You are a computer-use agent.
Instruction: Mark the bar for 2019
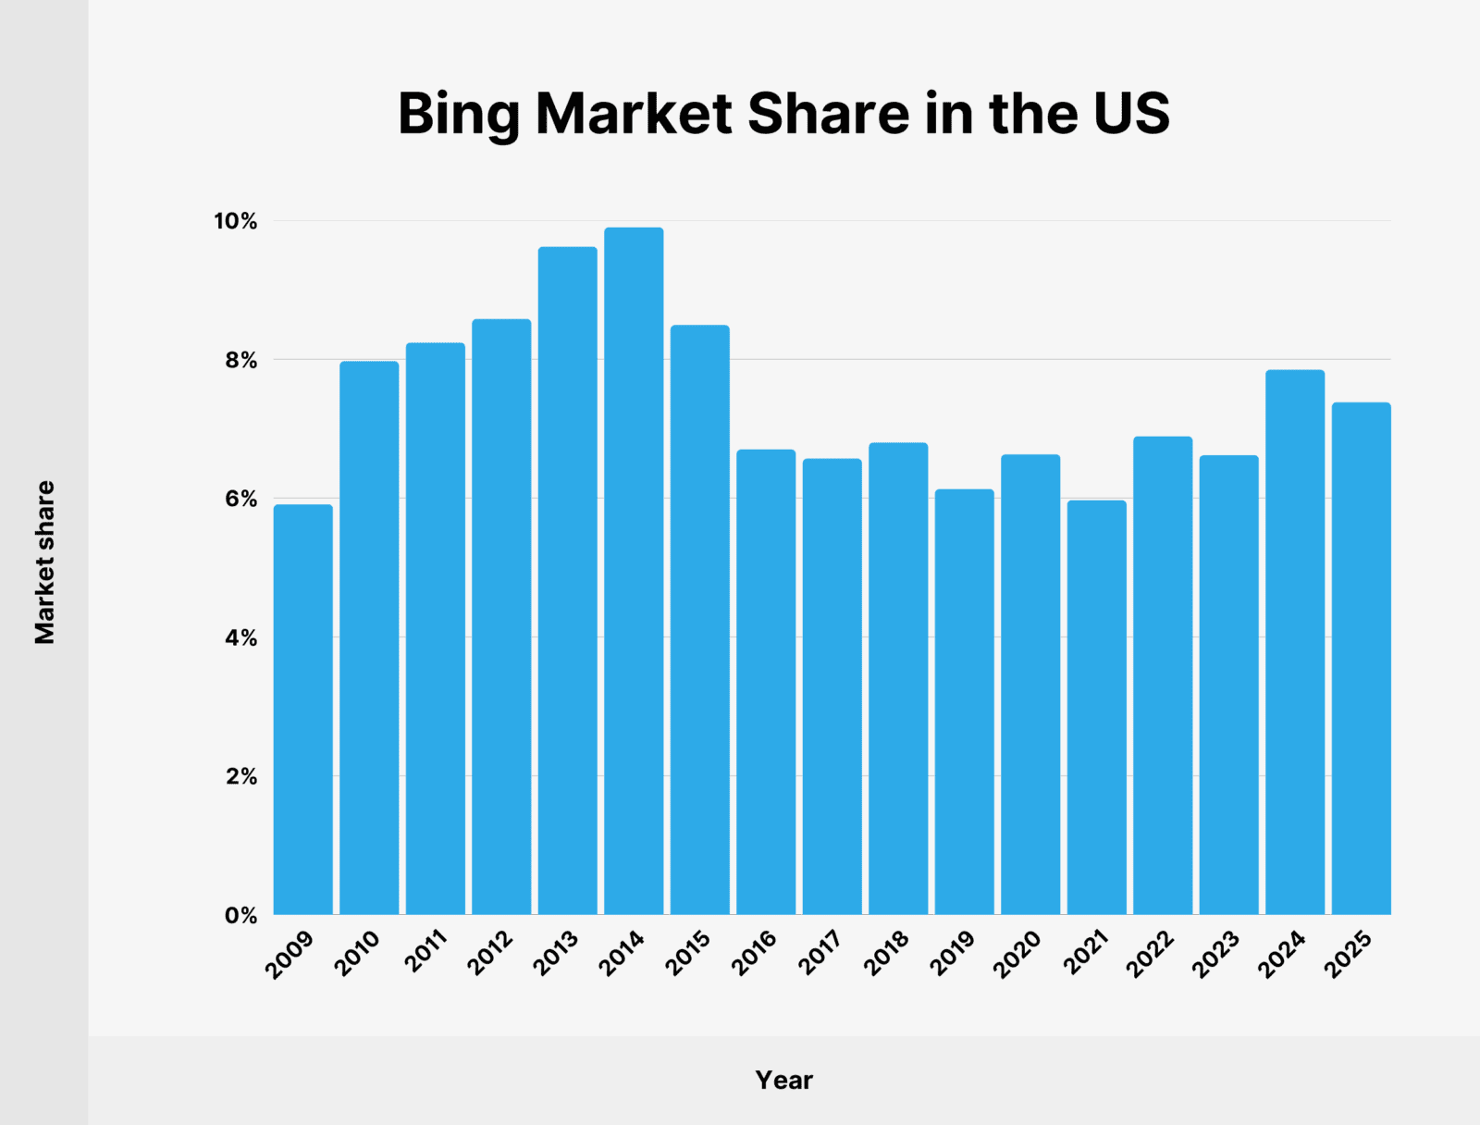pyautogui.click(x=964, y=702)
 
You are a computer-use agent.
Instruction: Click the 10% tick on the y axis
pyautogui.click(x=235, y=222)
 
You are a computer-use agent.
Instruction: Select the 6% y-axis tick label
pyautogui.click(x=240, y=500)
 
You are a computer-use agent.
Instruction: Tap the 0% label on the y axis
pyautogui.click(x=240, y=916)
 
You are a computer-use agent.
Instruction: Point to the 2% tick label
pyautogui.click(x=240, y=777)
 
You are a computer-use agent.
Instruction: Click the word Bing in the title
pyautogui.click(x=459, y=114)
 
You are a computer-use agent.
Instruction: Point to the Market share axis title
pyautogui.click(x=44, y=562)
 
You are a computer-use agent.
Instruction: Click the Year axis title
pyautogui.click(x=783, y=1080)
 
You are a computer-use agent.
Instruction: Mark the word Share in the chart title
pyautogui.click(x=829, y=113)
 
